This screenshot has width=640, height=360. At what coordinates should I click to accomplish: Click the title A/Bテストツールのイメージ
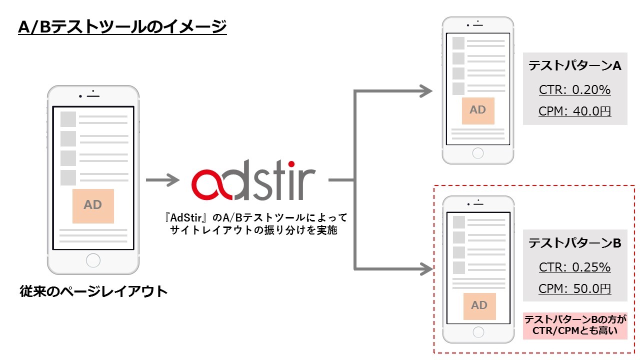tap(122, 27)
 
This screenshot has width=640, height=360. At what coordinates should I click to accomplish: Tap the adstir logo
tap(253, 180)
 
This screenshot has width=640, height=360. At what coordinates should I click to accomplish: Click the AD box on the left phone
tap(93, 206)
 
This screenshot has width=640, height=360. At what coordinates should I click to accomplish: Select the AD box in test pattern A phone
tap(478, 111)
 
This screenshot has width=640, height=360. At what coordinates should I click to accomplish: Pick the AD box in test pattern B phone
tap(479, 306)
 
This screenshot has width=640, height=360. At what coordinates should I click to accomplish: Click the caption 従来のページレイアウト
tap(93, 291)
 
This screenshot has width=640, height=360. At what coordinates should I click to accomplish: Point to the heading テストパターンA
tap(575, 65)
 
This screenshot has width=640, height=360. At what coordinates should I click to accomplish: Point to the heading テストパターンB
tap(575, 243)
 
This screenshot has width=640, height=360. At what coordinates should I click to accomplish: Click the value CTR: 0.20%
tap(575, 90)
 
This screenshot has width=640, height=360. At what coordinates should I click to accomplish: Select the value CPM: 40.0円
tap(575, 111)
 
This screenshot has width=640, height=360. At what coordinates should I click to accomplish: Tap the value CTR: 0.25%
tap(575, 267)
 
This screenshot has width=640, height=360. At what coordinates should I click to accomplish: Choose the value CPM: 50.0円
tap(575, 288)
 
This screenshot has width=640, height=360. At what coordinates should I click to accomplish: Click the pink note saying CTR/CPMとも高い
tap(575, 325)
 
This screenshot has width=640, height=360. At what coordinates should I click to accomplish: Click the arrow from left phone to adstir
tap(162, 180)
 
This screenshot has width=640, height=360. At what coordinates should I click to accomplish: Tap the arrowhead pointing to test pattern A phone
tap(426, 91)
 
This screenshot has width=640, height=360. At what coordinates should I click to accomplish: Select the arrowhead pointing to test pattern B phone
tap(426, 269)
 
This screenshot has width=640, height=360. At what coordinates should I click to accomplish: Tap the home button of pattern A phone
tap(478, 153)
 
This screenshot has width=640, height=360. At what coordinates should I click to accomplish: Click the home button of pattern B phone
tap(478, 332)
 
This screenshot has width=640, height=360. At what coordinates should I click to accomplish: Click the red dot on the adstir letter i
tap(291, 164)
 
